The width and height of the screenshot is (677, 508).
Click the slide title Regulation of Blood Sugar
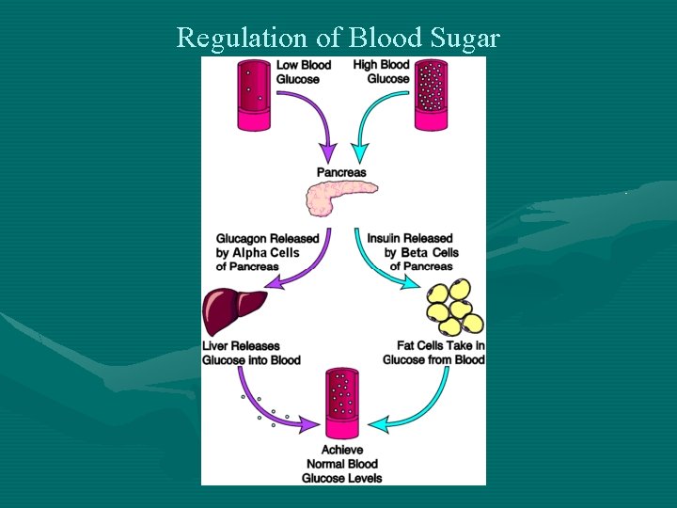coord(338,38)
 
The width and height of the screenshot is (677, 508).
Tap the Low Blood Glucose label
coord(303,71)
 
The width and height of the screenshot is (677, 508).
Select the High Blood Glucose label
coord(381,71)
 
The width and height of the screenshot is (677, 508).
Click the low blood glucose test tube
coord(254,94)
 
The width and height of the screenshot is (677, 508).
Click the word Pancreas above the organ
coord(341,172)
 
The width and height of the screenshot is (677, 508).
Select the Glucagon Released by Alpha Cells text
coord(267,252)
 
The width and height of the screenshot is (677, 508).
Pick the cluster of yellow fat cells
coord(454,308)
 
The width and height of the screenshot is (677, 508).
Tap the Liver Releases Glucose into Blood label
coord(252,353)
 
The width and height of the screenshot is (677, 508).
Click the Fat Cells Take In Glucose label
coord(434,353)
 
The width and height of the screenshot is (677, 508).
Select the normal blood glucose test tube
coord(342,405)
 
